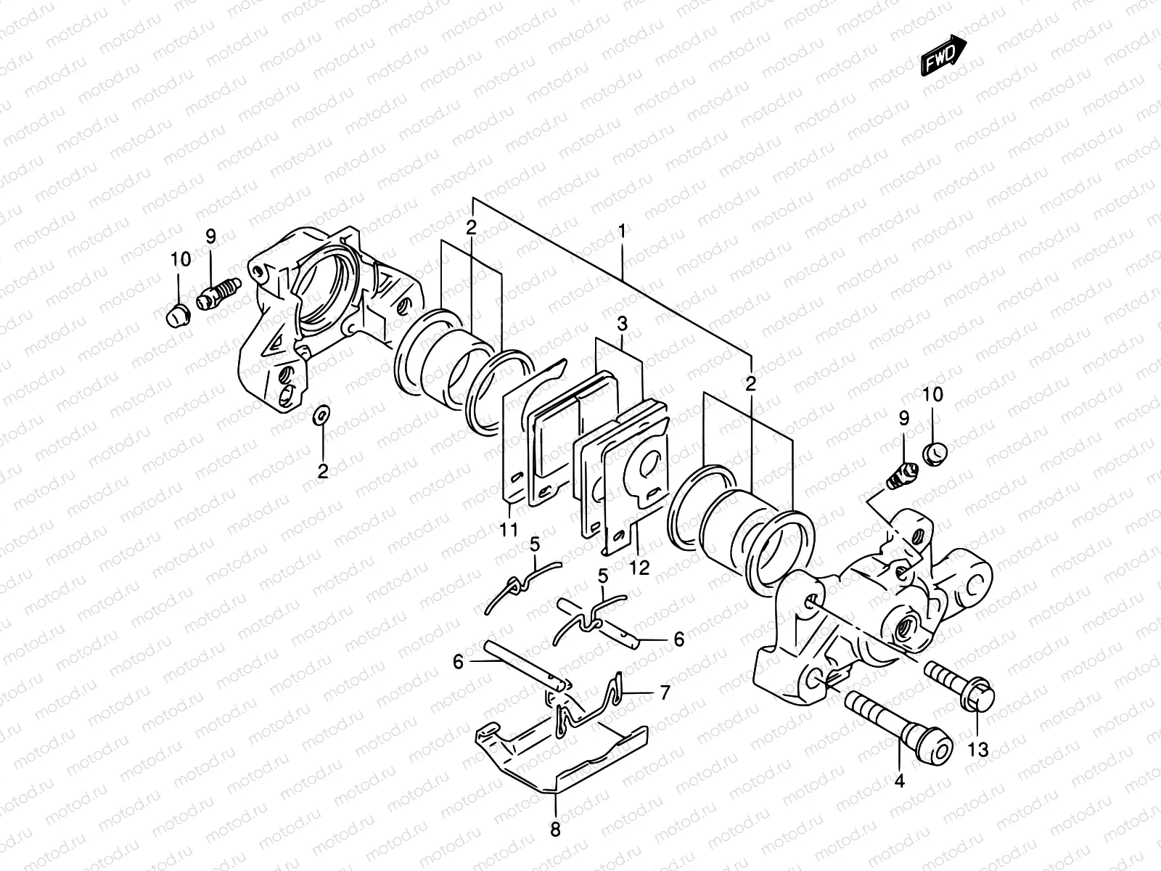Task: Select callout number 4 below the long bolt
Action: coord(900,782)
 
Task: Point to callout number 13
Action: coord(978,750)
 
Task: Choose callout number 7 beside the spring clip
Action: coord(665,692)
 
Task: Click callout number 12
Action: coord(640,567)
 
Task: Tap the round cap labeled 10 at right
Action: coord(935,454)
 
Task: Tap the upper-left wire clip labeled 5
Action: coord(521,582)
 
